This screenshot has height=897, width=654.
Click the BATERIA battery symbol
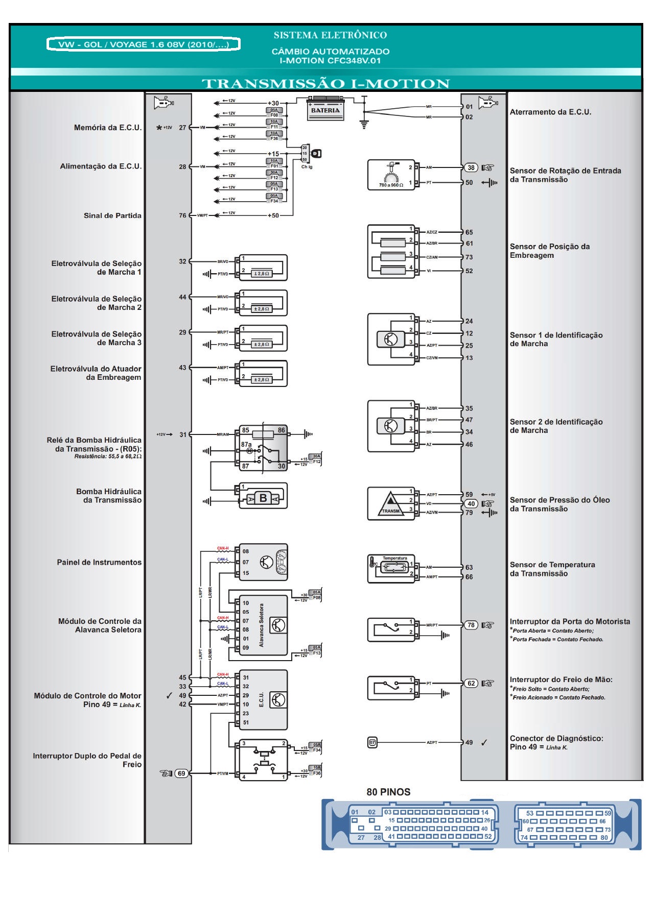pyautogui.click(x=325, y=109)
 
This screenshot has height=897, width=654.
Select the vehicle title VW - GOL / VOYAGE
pyautogui.click(x=143, y=44)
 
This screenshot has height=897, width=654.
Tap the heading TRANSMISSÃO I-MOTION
pyautogui.click(x=325, y=84)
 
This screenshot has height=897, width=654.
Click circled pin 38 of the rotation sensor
pyautogui.click(x=471, y=167)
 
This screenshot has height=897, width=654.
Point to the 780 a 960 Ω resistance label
pyautogui.click(x=391, y=185)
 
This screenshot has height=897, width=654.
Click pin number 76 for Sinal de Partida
pyautogui.click(x=182, y=215)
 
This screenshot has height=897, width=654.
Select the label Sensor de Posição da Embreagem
pyautogui.click(x=549, y=251)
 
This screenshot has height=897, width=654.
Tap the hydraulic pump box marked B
pyautogui.click(x=263, y=498)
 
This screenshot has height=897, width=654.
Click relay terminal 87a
pyautogui.click(x=246, y=445)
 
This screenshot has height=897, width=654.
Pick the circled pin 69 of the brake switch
pyautogui.click(x=181, y=773)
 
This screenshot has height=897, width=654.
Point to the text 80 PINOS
pyautogui.click(x=388, y=792)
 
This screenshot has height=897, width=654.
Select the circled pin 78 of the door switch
pyautogui.click(x=471, y=625)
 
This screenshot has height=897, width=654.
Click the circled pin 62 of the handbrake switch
pyautogui.click(x=471, y=683)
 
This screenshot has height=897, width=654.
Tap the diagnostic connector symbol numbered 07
pyautogui.click(x=372, y=742)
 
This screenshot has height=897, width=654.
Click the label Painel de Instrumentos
pyautogui.click(x=99, y=562)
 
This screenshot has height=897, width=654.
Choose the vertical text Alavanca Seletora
pyautogui.click(x=262, y=625)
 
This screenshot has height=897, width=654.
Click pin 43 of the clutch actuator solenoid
pyautogui.click(x=182, y=368)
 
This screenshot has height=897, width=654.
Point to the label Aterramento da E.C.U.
pyautogui.click(x=550, y=112)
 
